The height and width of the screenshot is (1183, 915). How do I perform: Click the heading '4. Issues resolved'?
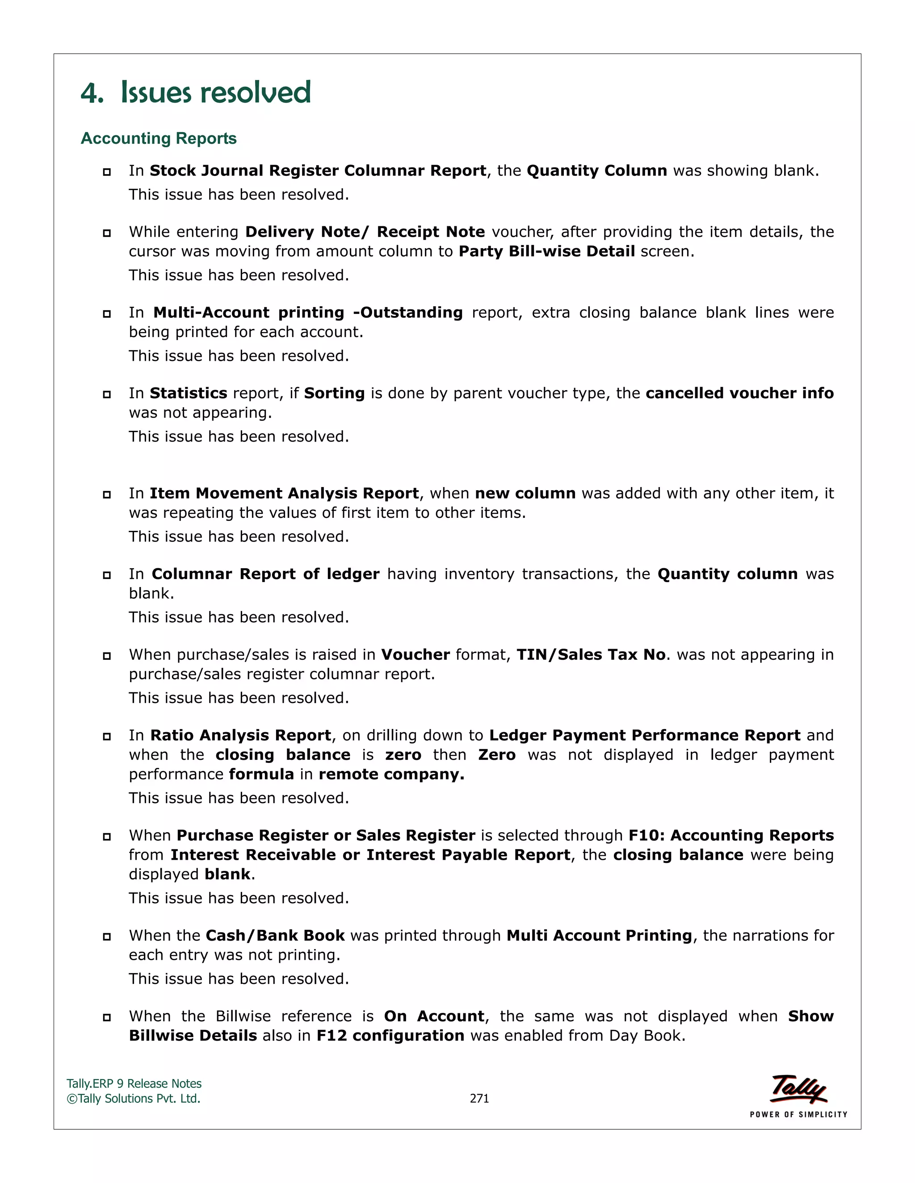pos(196,92)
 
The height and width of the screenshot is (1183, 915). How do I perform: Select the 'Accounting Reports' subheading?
pos(158,139)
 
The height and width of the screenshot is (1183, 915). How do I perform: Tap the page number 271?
pos(479,1099)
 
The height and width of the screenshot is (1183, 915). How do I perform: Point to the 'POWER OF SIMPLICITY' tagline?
pos(798,1115)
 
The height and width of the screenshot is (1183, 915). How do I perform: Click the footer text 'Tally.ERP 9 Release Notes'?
pos(134,1084)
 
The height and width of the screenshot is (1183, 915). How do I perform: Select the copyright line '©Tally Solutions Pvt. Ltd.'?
pos(133,1099)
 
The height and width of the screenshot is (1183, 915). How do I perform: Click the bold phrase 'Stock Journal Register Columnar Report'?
pos(318,171)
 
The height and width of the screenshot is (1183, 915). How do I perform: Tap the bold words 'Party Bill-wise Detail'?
pos(546,251)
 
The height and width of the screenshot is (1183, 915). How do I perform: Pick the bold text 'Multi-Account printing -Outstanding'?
pos(307,312)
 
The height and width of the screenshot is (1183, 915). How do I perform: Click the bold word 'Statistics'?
pos(188,393)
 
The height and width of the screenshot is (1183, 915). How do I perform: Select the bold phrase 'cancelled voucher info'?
pos(739,393)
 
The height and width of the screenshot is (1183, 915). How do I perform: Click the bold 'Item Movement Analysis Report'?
pos(284,493)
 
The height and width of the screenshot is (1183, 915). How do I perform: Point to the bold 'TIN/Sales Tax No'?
pos(591,655)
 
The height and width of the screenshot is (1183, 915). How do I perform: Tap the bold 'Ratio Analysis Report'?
pos(241,736)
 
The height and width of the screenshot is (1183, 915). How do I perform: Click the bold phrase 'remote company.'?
pos(391,775)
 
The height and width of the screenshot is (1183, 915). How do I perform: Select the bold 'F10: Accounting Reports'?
pos(730,836)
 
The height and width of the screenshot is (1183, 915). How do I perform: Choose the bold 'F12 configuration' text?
pos(390,1036)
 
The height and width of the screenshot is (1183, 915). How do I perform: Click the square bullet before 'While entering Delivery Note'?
pos(107,233)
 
